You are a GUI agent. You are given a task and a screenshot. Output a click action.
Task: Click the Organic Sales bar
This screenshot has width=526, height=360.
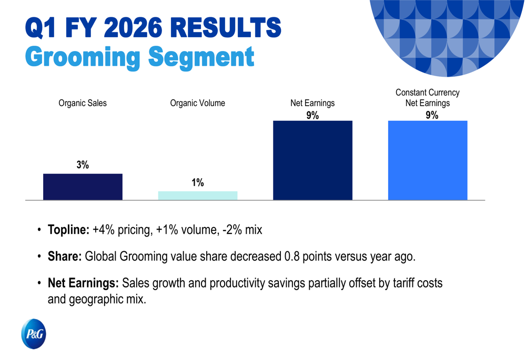pos(83,187)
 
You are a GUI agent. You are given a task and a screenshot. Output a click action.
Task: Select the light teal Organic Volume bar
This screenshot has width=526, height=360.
pos(197,196)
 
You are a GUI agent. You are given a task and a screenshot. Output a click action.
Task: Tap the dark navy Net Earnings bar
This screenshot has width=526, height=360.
pos(312,160)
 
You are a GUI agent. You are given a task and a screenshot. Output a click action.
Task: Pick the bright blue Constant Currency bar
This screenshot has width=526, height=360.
pos(427,160)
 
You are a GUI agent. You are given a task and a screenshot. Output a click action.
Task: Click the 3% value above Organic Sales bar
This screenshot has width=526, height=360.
pos(83,165)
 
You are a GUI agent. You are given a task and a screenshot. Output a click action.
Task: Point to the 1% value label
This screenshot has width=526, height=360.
pos(197,183)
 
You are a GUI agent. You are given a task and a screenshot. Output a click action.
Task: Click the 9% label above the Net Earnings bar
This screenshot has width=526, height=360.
pos(312,116)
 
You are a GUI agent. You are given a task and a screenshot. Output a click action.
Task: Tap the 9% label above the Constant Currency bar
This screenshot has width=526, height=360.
pos(431,116)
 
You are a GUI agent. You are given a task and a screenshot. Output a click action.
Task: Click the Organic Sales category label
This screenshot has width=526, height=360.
pos(83,103)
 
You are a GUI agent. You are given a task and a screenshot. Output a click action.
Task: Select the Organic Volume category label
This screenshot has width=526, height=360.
pos(197,103)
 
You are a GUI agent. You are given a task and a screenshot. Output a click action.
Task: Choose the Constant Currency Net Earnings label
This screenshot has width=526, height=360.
pos(427,98)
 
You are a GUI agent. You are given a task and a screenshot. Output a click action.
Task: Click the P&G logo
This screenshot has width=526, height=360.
pos(34,334)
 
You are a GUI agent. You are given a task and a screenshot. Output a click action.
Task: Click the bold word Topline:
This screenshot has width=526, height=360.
pos(68,230)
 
